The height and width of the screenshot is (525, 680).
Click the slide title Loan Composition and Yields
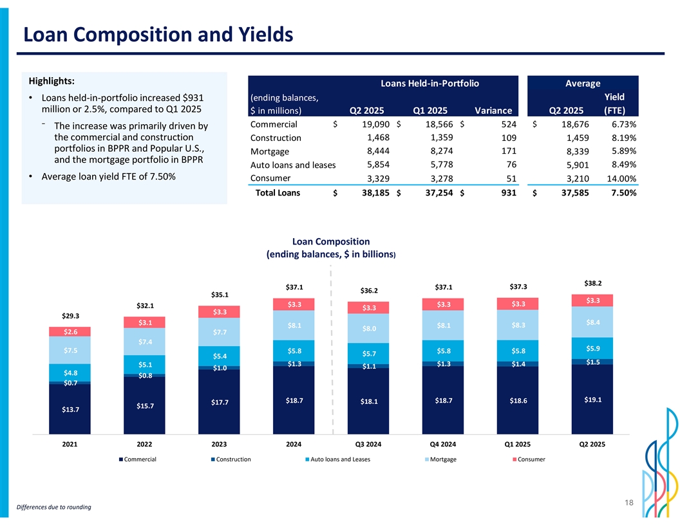point(158,34)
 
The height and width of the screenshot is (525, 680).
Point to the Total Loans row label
point(278,192)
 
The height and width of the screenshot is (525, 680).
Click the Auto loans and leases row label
point(293,165)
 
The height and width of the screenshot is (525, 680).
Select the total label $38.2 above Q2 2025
point(593,282)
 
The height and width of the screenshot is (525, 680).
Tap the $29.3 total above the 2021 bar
point(70,315)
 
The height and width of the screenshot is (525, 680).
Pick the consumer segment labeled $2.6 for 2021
point(70,331)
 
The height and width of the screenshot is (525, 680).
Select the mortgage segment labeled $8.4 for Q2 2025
point(593,322)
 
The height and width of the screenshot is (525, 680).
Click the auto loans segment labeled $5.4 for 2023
point(220,356)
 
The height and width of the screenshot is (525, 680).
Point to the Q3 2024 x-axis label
point(368,443)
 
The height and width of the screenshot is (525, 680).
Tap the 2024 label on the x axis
point(294,443)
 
